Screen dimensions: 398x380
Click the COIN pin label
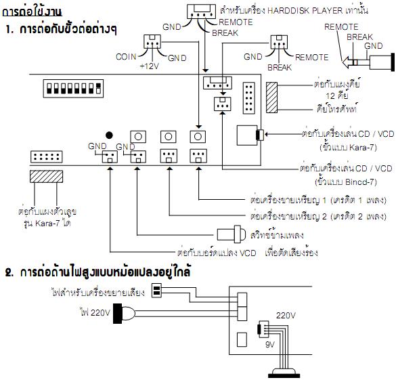pos(126,57)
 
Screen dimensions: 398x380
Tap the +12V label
pos(149,66)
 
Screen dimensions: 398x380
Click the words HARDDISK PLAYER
pos(305,11)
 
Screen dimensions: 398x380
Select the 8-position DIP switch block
pos(73,88)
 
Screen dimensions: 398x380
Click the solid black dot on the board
pos(109,135)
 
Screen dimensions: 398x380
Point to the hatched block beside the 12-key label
pos(271,98)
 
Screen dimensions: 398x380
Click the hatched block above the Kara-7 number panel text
pos(46,177)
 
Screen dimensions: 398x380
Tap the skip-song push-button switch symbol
pos(231,234)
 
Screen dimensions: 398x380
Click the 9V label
pos(270,344)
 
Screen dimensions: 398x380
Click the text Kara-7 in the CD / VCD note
pos(361,148)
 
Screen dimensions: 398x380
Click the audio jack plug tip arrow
pos(347,62)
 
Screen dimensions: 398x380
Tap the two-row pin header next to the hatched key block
pos(249,98)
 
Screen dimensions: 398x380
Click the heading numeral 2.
pos(9,272)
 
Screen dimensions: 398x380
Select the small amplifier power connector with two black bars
pos(156,291)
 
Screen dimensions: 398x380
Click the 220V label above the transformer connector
pos(286,316)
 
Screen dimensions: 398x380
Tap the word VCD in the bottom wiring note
pos(248,253)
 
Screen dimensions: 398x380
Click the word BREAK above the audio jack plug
pos(359,37)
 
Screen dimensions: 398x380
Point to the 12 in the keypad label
pos(330,96)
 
